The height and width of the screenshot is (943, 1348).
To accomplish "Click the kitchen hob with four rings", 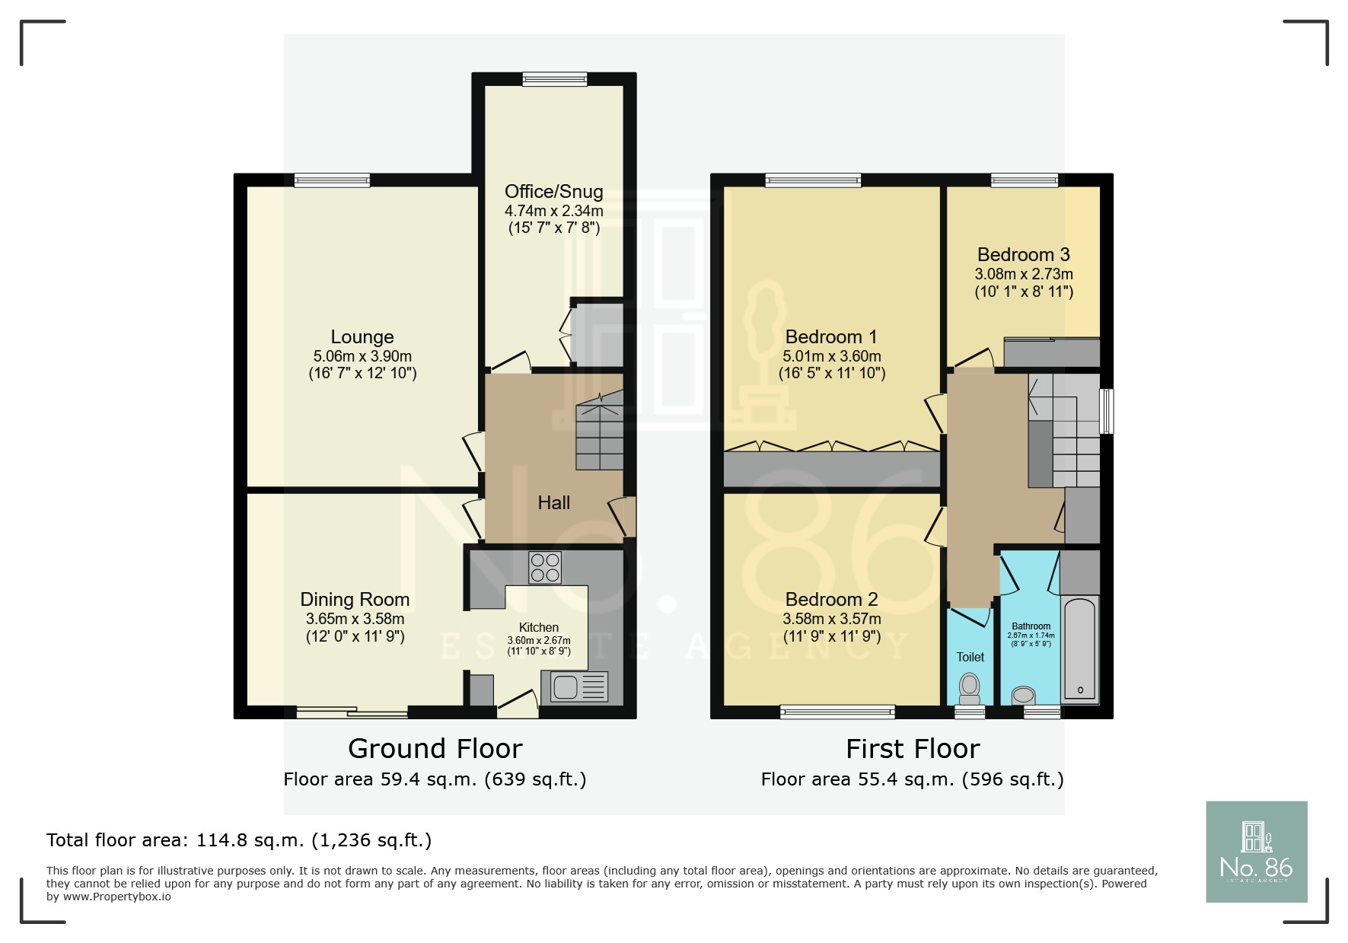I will [x=545, y=567].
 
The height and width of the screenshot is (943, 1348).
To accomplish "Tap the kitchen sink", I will [x=566, y=687].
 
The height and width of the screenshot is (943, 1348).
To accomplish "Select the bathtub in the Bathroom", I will [x=1079, y=649].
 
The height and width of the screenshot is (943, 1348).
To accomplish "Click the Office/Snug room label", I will [x=553, y=192].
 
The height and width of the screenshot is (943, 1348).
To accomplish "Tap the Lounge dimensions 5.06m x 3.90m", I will [x=362, y=356].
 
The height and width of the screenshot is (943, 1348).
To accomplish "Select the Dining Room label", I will [x=355, y=600].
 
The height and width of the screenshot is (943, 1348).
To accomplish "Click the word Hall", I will [x=553, y=503].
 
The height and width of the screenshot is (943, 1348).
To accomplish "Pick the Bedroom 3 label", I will [x=1023, y=255].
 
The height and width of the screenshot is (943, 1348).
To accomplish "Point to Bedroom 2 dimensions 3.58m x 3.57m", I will [x=831, y=620].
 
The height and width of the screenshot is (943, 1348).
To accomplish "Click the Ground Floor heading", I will [x=435, y=749].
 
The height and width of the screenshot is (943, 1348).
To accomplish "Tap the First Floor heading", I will [x=913, y=749].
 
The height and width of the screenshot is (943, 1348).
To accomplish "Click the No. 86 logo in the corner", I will [x=1256, y=852].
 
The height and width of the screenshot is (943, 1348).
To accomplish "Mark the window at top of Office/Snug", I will [x=555, y=78].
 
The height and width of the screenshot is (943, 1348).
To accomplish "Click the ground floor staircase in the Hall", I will [x=599, y=436].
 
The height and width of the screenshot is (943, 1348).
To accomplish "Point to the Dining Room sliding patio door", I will [x=352, y=712].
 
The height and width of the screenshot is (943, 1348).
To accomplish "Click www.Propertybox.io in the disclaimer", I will [x=116, y=897].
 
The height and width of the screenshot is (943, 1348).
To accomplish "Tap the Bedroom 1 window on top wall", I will [x=813, y=180].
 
